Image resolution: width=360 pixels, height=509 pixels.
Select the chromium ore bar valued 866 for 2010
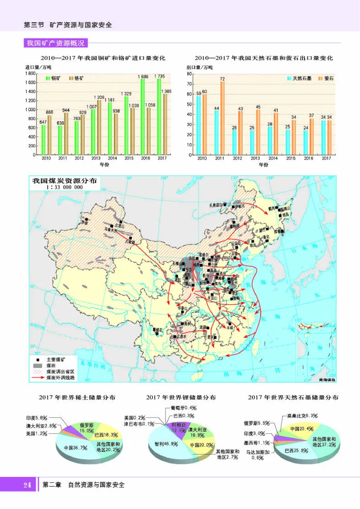point(49,135)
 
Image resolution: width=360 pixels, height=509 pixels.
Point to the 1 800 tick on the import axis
point(30,73)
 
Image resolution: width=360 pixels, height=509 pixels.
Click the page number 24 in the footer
point(27,485)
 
